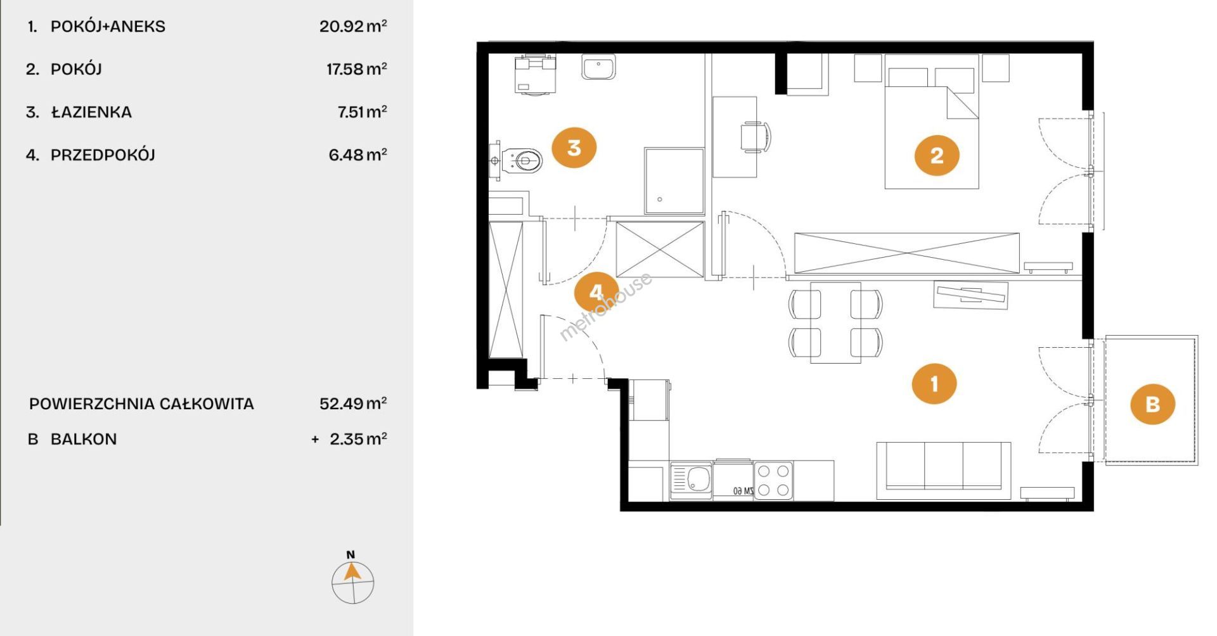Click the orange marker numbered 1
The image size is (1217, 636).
pyautogui.click(x=934, y=383)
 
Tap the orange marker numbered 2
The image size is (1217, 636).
pyautogui.click(x=937, y=155)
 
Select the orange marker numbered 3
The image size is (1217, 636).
pyautogui.click(x=574, y=148)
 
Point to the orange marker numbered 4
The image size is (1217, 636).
pyautogui.click(x=596, y=292)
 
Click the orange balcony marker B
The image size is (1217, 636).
pyautogui.click(x=1153, y=404)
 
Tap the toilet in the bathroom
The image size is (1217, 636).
pyautogui.click(x=517, y=160)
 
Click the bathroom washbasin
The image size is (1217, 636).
pyautogui.click(x=598, y=67)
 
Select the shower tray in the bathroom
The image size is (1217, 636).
pyautogui.click(x=674, y=181)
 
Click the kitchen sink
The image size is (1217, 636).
pyautogui.click(x=692, y=480)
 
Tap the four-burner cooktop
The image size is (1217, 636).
pyautogui.click(x=773, y=480)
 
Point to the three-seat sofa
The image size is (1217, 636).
pyautogui.click(x=943, y=470)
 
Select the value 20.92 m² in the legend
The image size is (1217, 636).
pyautogui.click(x=353, y=26)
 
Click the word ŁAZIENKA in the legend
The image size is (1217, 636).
pyautogui.click(x=91, y=111)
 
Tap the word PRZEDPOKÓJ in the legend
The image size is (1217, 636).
pyautogui.click(x=103, y=155)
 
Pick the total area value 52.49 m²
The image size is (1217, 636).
pyautogui.click(x=353, y=403)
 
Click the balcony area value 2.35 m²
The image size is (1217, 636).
pyautogui.click(x=358, y=438)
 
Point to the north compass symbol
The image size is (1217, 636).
pyautogui.click(x=352, y=578)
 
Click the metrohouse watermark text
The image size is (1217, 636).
pyautogui.click(x=605, y=307)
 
